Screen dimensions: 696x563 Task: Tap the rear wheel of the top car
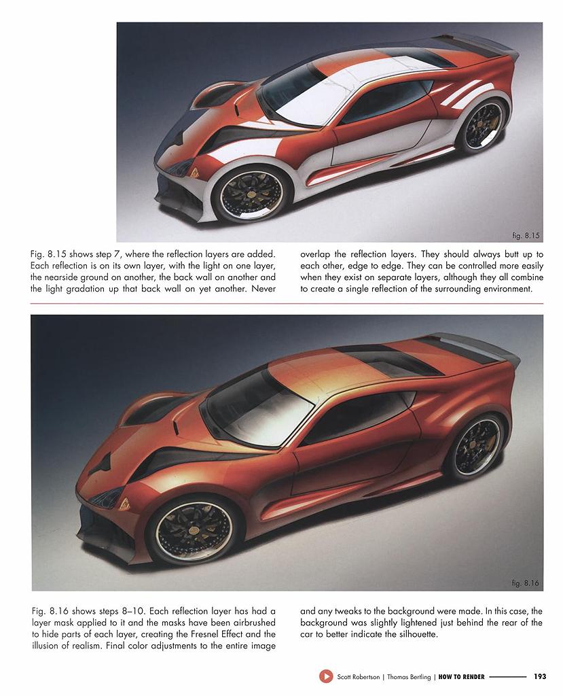tap(483, 124)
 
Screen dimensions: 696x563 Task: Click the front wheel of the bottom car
tap(191, 529)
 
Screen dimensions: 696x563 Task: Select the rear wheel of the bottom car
tap(477, 446)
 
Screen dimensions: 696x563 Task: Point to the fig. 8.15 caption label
tap(526, 236)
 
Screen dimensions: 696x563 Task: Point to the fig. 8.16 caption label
tap(526, 583)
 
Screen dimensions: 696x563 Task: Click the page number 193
tap(540, 676)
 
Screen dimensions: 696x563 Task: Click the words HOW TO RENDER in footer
tap(462, 676)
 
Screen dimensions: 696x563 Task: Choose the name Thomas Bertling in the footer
tap(408, 676)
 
